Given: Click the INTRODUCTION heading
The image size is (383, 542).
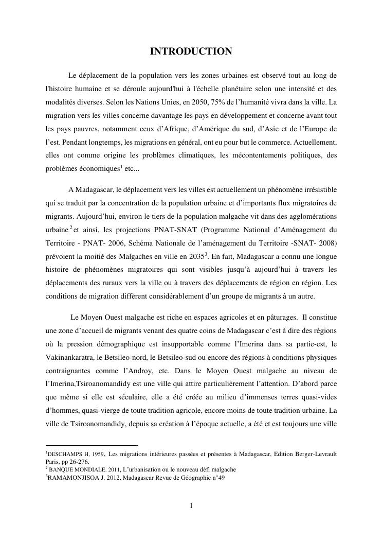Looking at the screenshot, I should pyautogui.click(x=191, y=51).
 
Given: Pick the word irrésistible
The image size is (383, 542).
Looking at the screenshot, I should pyautogui.click(x=315, y=189).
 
